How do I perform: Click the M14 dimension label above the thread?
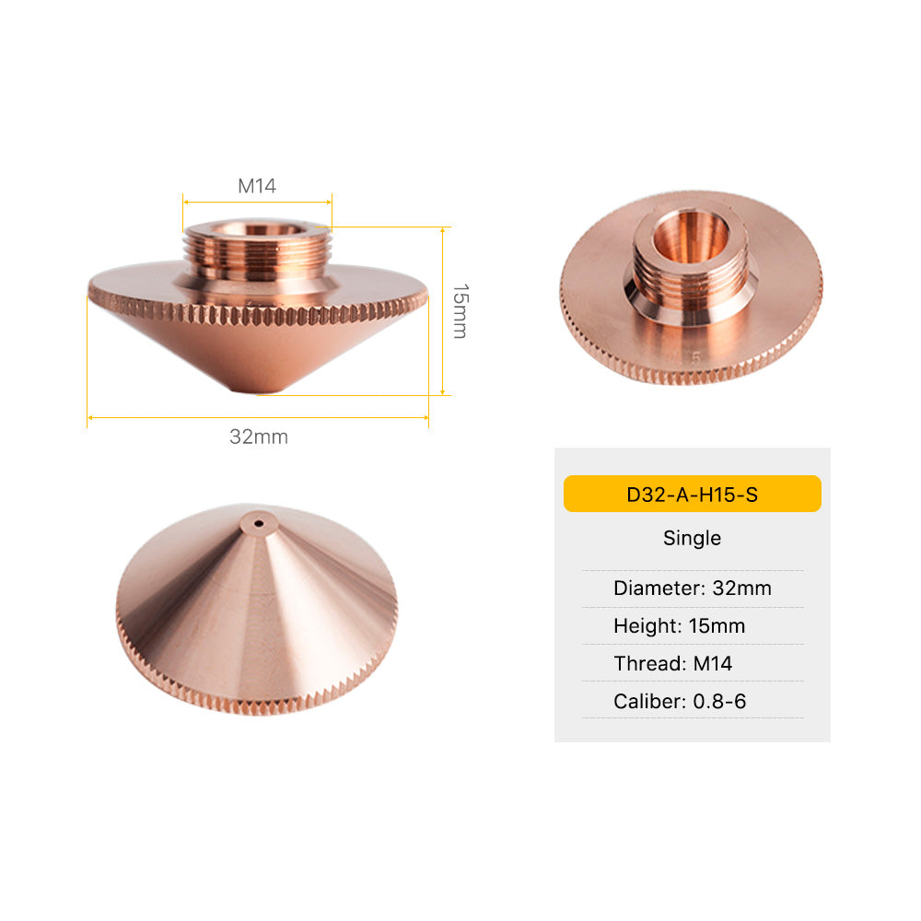click(257, 185)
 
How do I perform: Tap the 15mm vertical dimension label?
click(459, 311)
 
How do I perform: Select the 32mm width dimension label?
click(259, 437)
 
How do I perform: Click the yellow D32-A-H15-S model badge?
click(692, 494)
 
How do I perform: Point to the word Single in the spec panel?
click(692, 538)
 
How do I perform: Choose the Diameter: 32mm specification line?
click(692, 588)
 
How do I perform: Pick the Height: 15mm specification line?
click(679, 626)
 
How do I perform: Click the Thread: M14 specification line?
click(672, 664)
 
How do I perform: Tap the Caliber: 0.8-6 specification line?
click(680, 702)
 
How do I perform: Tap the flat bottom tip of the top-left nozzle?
click(258, 391)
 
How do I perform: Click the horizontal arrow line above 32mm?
click(258, 417)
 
